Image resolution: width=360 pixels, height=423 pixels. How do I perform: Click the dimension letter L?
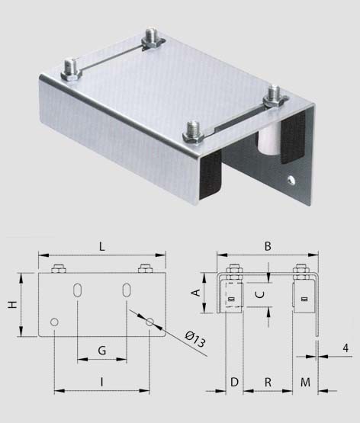click(101, 247)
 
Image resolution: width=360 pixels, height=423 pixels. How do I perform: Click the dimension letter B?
click(268, 246)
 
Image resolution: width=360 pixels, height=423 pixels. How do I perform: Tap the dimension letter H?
click(13, 305)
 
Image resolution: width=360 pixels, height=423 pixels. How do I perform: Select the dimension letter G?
click(102, 351)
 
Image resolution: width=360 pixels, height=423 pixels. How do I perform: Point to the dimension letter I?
click(101, 382)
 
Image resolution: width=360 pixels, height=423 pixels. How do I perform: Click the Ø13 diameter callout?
click(195, 339)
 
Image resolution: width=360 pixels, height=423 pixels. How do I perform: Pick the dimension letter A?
click(196, 293)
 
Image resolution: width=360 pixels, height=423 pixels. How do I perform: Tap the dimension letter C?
click(260, 295)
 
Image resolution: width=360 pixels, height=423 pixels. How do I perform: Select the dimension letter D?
click(234, 383)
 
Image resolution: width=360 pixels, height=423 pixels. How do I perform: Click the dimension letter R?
click(268, 383)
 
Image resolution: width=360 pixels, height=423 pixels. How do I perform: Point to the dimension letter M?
click(305, 383)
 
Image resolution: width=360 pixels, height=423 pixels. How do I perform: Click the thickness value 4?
click(346, 348)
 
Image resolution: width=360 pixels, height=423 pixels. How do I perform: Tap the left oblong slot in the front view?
click(78, 290)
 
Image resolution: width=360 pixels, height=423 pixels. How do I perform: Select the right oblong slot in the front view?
click(127, 290)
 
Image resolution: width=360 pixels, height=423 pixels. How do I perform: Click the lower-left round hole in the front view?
click(54, 322)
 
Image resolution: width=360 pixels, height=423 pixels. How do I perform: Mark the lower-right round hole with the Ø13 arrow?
click(149, 322)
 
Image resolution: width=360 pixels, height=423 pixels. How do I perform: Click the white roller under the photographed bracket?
click(267, 140)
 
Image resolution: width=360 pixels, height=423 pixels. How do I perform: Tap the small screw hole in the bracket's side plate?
click(291, 180)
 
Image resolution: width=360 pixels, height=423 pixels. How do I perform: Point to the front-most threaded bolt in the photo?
click(193, 132)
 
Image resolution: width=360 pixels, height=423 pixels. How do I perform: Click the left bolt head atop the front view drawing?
click(59, 269)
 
